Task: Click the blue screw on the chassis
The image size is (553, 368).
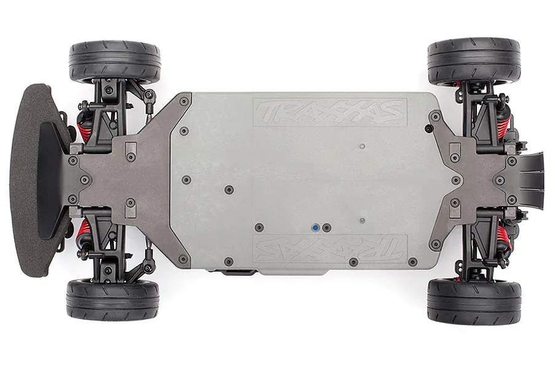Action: [315, 228]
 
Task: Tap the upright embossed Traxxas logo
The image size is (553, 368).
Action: [330, 112]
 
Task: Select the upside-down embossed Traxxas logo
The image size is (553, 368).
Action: [330, 248]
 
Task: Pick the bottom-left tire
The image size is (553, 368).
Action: [112, 300]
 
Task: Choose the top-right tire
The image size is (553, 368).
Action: [474, 61]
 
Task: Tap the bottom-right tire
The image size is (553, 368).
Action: [474, 301]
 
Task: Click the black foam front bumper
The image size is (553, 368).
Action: [37, 180]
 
